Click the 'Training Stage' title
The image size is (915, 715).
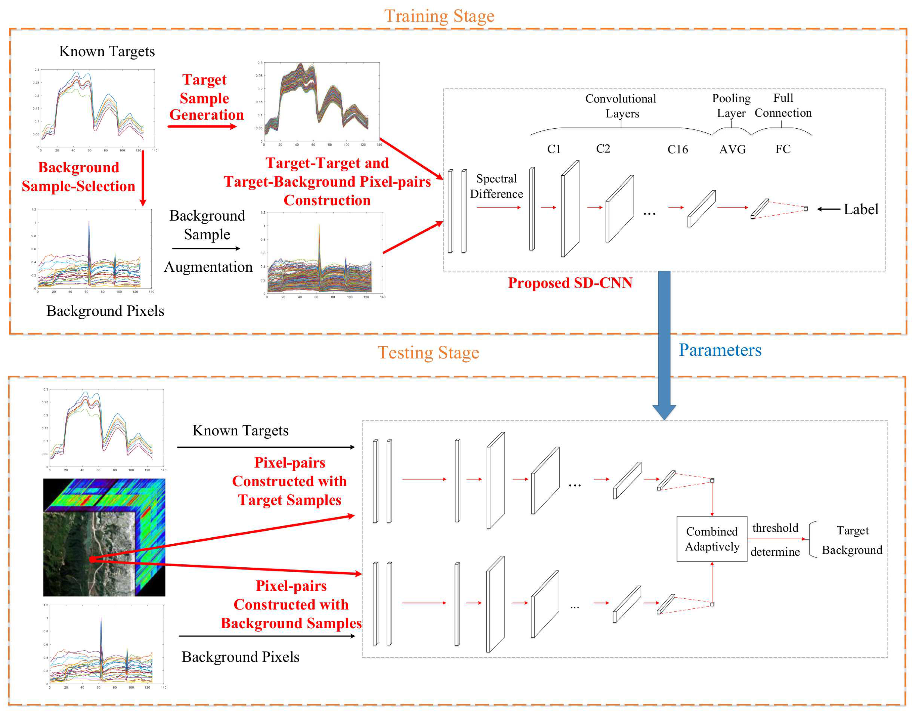tap(439, 16)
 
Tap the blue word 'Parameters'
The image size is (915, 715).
tap(720, 350)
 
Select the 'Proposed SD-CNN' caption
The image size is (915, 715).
tap(570, 283)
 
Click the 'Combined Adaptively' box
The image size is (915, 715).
tap(712, 539)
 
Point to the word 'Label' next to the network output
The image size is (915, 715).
tap(861, 209)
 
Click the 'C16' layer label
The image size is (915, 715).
tap(677, 149)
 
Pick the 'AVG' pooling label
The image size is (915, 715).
tap(732, 149)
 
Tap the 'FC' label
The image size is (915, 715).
tap(783, 149)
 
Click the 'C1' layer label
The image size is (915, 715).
tap(554, 149)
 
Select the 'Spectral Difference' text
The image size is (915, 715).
tap(496, 186)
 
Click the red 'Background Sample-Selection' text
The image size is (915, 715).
tap(78, 176)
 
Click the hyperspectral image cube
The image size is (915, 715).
tap(104, 537)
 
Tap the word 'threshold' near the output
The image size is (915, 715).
tap(775, 528)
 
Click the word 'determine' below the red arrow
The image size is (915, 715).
tap(775, 552)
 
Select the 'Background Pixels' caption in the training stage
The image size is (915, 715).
tap(105, 311)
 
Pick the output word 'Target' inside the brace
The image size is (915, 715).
tap(853, 530)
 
